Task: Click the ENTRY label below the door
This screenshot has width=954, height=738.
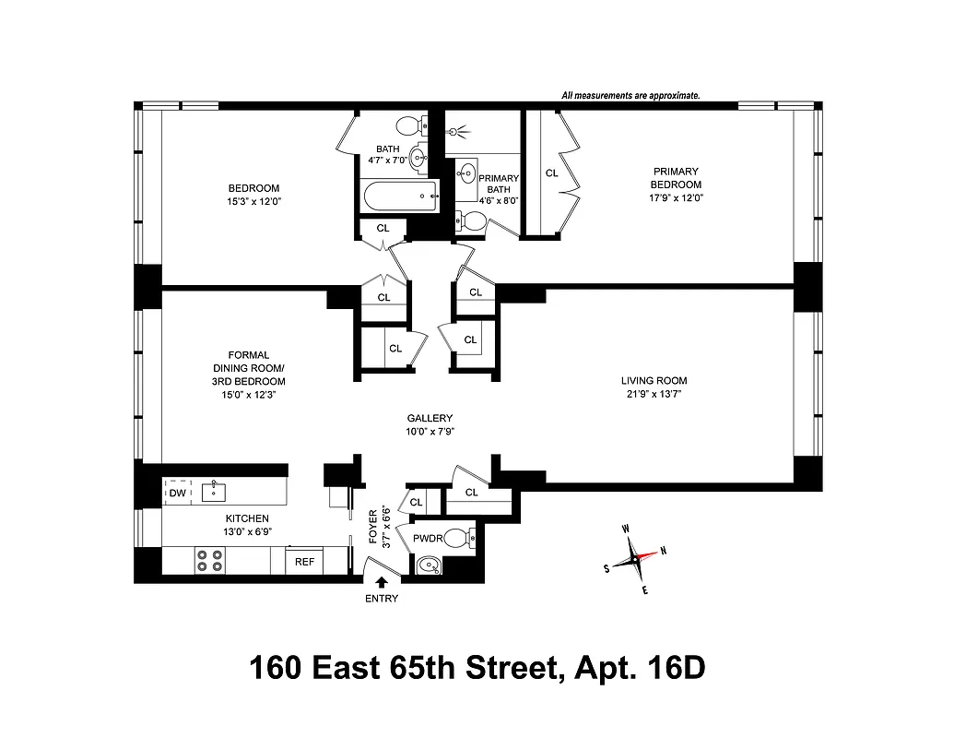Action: [383, 599]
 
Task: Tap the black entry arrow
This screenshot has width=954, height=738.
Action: [383, 580]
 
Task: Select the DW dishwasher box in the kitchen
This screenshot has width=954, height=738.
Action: [178, 494]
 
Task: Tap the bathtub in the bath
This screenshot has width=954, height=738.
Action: [399, 195]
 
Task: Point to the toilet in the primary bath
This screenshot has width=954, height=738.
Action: [471, 220]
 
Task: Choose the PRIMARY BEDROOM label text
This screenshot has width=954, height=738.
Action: [677, 177]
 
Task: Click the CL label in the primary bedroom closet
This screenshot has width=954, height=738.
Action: [551, 173]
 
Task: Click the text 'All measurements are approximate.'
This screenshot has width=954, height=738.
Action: [630, 95]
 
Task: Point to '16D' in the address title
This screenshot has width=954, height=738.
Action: [671, 668]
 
